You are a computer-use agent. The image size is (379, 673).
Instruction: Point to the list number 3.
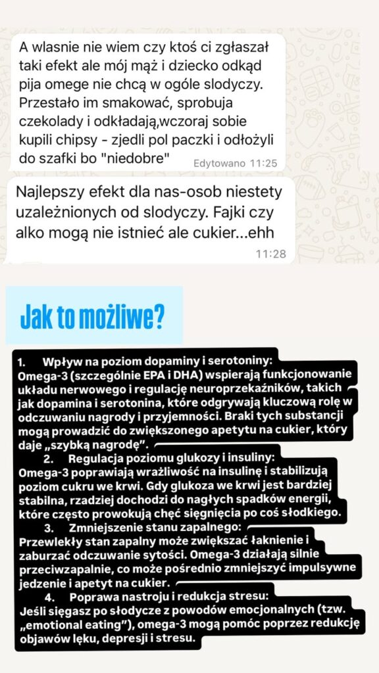pyautogui.click(x=49, y=528)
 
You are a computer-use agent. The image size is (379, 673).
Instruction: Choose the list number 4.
pyautogui.click(x=49, y=597)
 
